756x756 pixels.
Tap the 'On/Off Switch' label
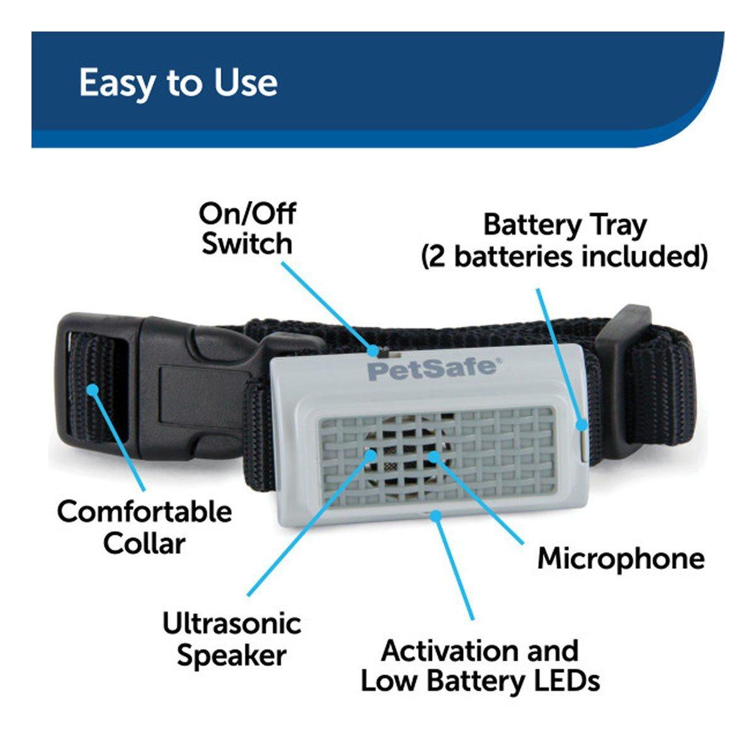tap(247, 229)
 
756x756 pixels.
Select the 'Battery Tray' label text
tap(564, 226)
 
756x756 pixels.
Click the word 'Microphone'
tap(621, 558)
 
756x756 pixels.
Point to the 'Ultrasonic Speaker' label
tap(232, 639)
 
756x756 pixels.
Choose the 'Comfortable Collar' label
tap(144, 527)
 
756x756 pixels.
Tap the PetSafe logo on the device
tap(434, 370)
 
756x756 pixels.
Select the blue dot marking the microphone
tap(433, 456)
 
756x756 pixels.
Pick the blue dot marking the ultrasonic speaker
tap(371, 455)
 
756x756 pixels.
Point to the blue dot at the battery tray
tap(581, 425)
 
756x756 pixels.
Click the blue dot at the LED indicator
tap(435, 515)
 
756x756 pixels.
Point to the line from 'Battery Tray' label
tap(559, 356)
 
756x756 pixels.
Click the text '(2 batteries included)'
tap(564, 257)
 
